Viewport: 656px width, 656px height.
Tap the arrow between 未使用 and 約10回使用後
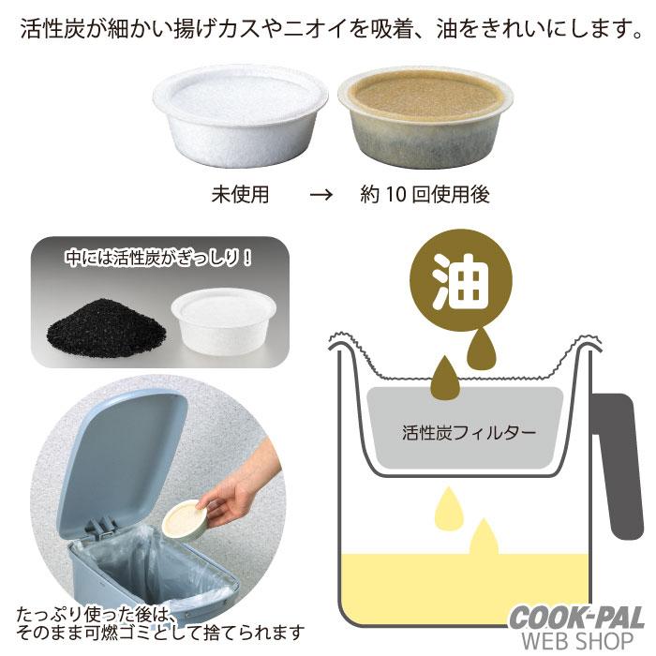(x=321, y=196)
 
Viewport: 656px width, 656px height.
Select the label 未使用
(x=240, y=196)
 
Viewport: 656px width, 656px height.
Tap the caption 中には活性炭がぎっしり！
(x=157, y=256)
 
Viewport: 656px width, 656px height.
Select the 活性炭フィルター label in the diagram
(x=470, y=433)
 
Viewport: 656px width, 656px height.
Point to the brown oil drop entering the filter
(x=443, y=376)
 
